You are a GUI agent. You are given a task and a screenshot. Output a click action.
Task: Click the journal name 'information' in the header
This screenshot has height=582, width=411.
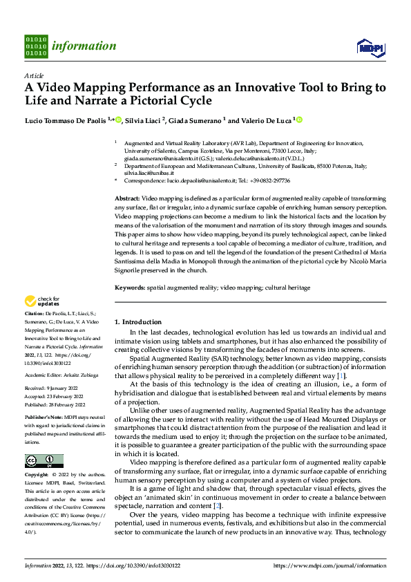coord(85,46)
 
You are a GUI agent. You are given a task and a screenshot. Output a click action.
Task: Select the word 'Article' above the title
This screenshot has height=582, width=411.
coord(34,75)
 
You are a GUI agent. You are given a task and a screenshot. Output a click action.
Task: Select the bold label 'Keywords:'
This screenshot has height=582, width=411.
coord(129,286)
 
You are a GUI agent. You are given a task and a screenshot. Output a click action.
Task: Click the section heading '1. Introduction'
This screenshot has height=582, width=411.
coord(137,322)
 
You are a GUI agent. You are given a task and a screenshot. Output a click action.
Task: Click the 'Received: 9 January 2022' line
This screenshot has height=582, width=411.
coord(52,389)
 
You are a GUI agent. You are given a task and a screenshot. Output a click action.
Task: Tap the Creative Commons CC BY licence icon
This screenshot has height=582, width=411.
coord(44,460)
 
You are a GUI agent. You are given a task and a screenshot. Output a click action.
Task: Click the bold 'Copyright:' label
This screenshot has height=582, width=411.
coord(37,476)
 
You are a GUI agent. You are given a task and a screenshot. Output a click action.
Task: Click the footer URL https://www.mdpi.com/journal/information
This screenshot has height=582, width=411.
coord(330,565)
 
